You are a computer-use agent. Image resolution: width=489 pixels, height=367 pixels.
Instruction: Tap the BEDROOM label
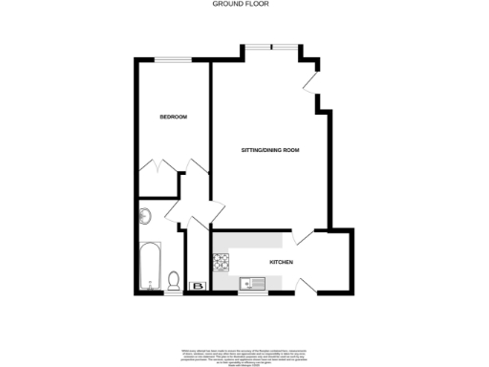tap(172, 117)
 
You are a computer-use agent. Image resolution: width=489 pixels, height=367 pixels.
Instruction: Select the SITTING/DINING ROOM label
tap(270, 151)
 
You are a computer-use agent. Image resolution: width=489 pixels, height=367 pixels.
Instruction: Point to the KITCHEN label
tap(281, 262)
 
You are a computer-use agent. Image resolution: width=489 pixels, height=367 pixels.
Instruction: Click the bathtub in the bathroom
tap(148, 268)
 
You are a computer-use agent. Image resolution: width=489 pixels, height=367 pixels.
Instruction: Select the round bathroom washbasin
tap(145, 215)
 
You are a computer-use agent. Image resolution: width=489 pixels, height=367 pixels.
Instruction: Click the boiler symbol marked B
tap(199, 285)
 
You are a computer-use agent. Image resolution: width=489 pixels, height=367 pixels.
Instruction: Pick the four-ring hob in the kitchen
tap(222, 259)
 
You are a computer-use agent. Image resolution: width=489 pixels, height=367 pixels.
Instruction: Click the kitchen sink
tap(251, 282)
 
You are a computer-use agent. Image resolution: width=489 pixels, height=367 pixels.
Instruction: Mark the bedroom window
tap(171, 60)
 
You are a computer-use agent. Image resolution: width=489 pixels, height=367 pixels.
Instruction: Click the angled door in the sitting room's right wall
tap(311, 81)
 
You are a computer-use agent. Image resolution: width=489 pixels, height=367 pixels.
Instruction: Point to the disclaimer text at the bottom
tap(244, 348)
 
